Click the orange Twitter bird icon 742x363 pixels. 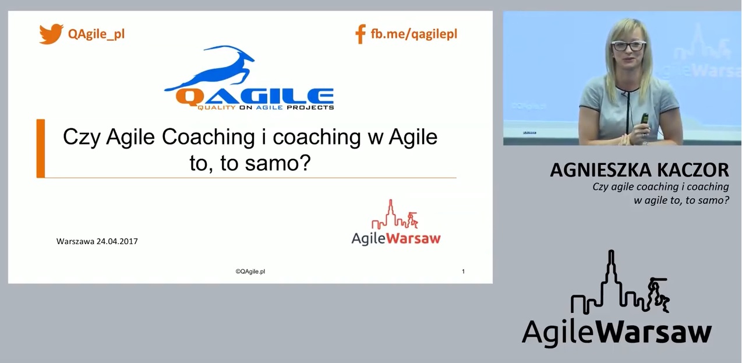[51, 33]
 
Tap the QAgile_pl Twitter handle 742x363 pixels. [96, 34]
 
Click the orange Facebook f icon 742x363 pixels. [361, 34]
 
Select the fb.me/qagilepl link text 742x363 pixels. [414, 34]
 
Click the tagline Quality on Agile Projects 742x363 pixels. [266, 107]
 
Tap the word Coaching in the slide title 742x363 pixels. [208, 138]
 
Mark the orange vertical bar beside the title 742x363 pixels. [41, 148]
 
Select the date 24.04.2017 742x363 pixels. [117, 241]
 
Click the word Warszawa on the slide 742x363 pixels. [75, 241]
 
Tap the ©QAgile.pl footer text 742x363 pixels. [250, 272]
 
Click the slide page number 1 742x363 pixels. [463, 272]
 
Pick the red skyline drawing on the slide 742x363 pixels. [394, 215]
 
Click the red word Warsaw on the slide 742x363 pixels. [414, 238]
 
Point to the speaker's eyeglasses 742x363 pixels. [628, 45]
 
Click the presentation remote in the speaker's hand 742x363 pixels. [644, 119]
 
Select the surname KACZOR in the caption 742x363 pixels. [692, 170]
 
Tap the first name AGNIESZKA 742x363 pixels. [602, 170]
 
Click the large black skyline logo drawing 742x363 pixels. [620, 283]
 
